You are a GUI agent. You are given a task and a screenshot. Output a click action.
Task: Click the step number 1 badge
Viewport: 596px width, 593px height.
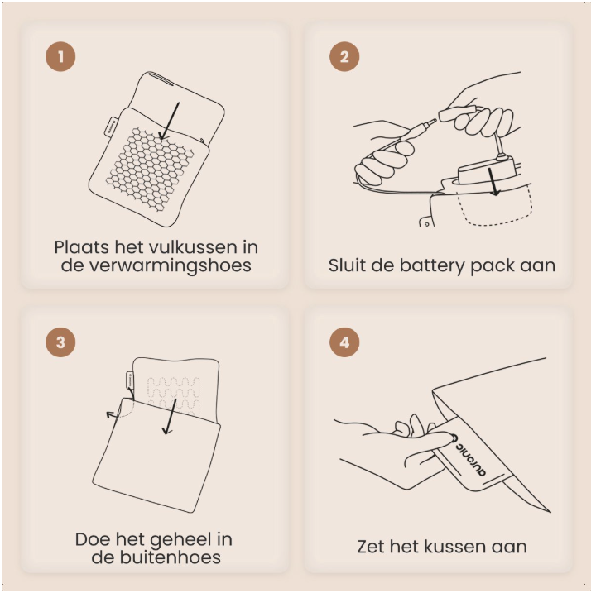60,56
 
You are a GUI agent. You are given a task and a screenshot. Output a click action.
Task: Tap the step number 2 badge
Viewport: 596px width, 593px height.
344,56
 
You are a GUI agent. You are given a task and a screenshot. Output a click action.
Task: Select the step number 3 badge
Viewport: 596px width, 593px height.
60,342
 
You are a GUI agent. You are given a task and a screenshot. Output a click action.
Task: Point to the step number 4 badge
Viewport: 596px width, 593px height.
344,342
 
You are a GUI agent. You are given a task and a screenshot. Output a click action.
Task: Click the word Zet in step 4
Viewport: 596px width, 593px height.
371,547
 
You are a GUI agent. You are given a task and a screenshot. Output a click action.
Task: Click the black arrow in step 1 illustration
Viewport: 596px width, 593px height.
170,122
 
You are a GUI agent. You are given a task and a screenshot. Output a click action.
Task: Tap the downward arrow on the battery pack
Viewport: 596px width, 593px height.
493,182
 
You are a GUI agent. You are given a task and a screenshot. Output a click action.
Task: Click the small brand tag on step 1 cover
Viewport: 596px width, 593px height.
111,126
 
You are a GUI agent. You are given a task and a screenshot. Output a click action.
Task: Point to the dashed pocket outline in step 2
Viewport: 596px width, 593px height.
495,207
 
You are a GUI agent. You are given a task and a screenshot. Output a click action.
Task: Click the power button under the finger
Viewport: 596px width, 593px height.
453,438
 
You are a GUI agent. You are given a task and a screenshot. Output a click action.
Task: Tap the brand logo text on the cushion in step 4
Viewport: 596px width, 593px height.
470,459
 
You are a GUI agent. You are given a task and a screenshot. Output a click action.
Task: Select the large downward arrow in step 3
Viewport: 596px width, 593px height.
170,416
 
